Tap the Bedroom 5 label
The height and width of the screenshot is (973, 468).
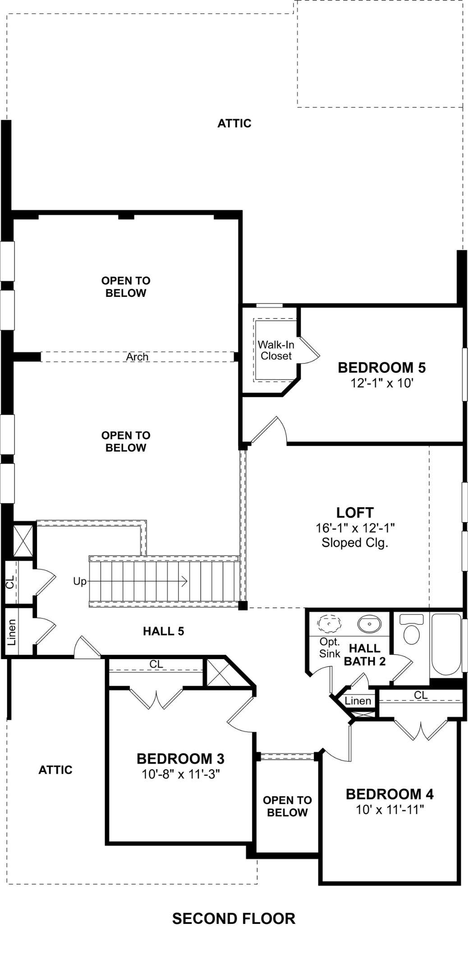(382, 368)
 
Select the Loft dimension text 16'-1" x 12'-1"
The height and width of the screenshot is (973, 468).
(355, 528)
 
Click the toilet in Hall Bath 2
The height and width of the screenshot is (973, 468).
(411, 629)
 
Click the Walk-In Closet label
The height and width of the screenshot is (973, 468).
(276, 350)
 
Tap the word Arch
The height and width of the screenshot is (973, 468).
(137, 357)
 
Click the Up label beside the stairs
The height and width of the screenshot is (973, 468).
(80, 582)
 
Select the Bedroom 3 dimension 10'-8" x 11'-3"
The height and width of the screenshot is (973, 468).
(181, 774)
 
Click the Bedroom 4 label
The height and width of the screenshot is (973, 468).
(390, 794)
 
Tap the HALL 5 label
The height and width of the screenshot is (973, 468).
(164, 632)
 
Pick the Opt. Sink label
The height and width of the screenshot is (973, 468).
(330, 648)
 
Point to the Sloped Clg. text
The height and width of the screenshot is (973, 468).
(355, 543)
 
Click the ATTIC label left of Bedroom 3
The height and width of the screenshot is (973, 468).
(55, 770)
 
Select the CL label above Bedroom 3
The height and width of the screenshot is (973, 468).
(156, 664)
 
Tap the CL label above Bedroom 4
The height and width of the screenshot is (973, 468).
(421, 695)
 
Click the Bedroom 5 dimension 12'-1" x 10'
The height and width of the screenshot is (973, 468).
(382, 383)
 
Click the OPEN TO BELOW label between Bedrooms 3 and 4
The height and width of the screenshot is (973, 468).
(287, 806)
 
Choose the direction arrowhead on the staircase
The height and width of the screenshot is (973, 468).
(184, 582)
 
